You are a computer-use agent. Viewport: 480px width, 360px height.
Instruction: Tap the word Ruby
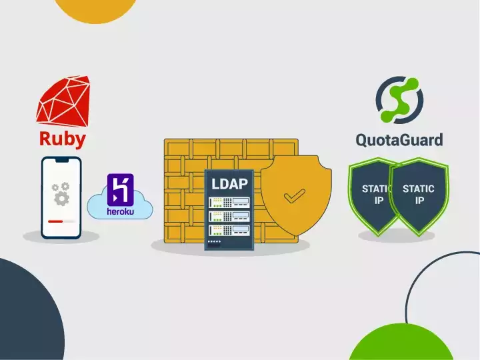62,139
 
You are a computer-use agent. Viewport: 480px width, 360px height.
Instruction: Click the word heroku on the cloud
121,212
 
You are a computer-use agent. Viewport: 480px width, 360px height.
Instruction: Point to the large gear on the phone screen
62,198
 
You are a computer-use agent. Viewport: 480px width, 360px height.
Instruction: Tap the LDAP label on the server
229,183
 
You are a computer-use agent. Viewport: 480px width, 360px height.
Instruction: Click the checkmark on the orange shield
293,196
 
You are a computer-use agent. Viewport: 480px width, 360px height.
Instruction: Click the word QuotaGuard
399,140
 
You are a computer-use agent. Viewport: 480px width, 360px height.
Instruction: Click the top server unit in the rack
229,201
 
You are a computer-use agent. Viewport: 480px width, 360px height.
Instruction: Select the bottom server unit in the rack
229,230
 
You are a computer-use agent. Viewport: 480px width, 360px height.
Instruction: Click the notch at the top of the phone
61,161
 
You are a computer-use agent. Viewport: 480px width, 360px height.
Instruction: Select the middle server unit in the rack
229,215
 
